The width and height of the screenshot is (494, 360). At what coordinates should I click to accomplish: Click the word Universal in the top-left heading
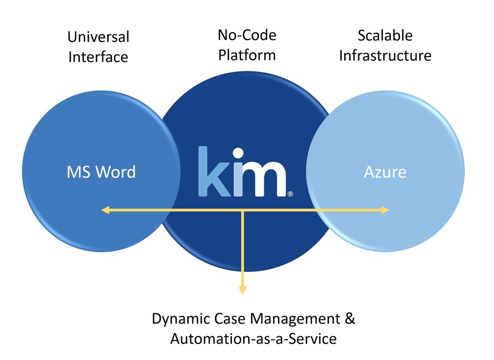pos(98,37)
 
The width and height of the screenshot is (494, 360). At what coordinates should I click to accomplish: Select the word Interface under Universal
pos(98,57)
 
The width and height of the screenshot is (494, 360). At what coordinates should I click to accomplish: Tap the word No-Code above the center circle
pos(247,35)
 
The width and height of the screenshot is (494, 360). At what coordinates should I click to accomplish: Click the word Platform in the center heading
pos(247,55)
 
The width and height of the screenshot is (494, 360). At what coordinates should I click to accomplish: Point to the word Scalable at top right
pos(385,35)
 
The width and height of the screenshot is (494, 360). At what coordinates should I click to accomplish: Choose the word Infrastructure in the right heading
pos(385,55)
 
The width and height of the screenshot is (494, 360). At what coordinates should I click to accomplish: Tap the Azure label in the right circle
pos(385,171)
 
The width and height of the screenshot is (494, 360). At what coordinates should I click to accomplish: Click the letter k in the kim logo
pos(214,172)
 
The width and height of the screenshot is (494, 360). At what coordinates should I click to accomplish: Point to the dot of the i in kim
pos(238,154)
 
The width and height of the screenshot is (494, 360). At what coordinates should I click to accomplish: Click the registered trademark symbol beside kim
pos(290,194)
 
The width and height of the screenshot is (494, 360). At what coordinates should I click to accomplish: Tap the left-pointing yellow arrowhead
pos(105,210)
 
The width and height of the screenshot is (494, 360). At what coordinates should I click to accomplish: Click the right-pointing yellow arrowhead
pos(385,210)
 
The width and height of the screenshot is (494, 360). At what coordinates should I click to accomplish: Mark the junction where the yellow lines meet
pos(242,210)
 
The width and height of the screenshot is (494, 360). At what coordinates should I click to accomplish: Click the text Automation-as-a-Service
pos(253,339)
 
